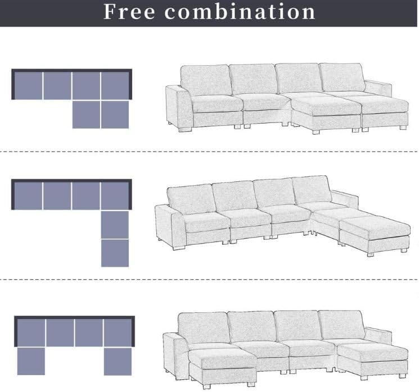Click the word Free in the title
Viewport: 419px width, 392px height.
[x=129, y=12]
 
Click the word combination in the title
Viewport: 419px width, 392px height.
[x=240, y=12]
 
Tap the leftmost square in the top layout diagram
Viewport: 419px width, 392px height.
[x=28, y=86]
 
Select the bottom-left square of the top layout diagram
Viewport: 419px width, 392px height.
[x=86, y=115]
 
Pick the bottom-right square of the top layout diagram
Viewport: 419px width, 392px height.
[x=115, y=115]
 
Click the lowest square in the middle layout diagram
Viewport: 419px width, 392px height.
[x=115, y=253]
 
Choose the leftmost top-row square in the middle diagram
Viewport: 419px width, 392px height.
[x=28, y=196]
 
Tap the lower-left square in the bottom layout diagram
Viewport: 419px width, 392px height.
[x=31, y=361]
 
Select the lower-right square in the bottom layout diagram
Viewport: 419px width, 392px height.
[x=118, y=362]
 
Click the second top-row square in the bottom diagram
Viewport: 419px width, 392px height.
[x=60, y=333]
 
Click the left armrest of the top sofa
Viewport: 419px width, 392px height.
[x=178, y=107]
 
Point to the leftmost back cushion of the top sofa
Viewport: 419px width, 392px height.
[x=206, y=80]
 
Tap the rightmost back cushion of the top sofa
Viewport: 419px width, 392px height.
[x=343, y=77]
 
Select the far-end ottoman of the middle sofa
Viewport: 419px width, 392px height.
[x=375, y=235]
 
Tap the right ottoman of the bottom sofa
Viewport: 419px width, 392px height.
[x=372, y=360]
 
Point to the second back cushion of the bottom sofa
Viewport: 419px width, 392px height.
[x=252, y=326]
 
